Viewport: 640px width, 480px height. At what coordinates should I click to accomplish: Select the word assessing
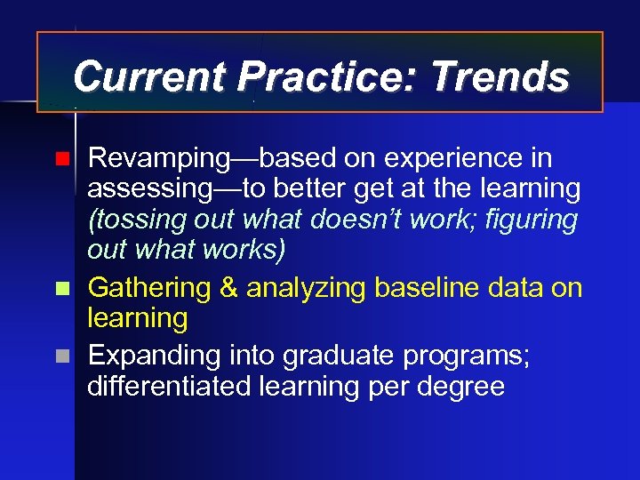tap(151, 189)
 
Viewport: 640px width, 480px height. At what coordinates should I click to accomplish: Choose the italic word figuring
tap(532, 219)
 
